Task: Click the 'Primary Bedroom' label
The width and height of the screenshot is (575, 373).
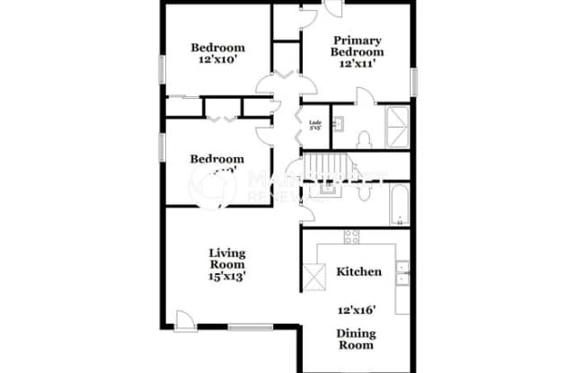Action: point(358,46)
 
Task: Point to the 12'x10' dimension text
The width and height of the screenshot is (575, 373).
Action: point(217,62)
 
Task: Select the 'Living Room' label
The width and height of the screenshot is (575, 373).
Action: point(228,259)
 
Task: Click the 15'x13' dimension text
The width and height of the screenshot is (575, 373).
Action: point(228,276)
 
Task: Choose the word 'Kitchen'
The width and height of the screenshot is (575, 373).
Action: point(358,271)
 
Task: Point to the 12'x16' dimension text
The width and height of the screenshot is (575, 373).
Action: point(357,310)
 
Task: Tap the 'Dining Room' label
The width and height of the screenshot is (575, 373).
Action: point(357,339)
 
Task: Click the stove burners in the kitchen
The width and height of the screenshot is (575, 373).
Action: point(351,237)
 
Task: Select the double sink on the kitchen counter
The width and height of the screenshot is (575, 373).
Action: point(402,273)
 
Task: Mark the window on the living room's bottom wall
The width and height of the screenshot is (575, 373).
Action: point(243,326)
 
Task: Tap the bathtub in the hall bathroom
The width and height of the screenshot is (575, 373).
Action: point(397,205)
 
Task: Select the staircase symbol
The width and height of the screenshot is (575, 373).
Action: point(330,168)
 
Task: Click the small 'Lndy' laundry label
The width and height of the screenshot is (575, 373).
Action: point(315,125)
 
